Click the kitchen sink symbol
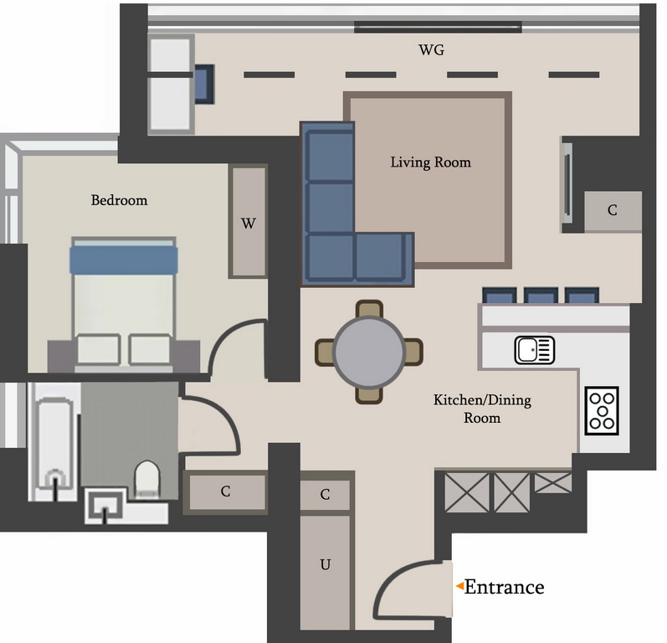pyautogui.click(x=534, y=350)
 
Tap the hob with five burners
pyautogui.click(x=602, y=410)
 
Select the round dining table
pyautogui.click(x=369, y=352)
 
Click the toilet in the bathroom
pyautogui.click(x=147, y=480)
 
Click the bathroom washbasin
pyautogui.click(x=105, y=506)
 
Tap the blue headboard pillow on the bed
pyautogui.click(x=124, y=260)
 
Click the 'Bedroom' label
pyautogui.click(x=119, y=200)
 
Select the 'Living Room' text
pyautogui.click(x=430, y=162)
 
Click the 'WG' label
pyautogui.click(x=431, y=50)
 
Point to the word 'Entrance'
pyautogui.click(x=504, y=587)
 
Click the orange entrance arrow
pyautogui.click(x=459, y=586)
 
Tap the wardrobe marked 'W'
pyautogui.click(x=248, y=222)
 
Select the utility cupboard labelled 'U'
pyautogui.click(x=326, y=572)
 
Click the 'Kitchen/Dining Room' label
pyautogui.click(x=482, y=409)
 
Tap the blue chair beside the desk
pyautogui.click(x=204, y=84)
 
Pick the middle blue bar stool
pyautogui.click(x=541, y=296)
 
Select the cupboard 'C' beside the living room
pyautogui.click(x=613, y=211)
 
